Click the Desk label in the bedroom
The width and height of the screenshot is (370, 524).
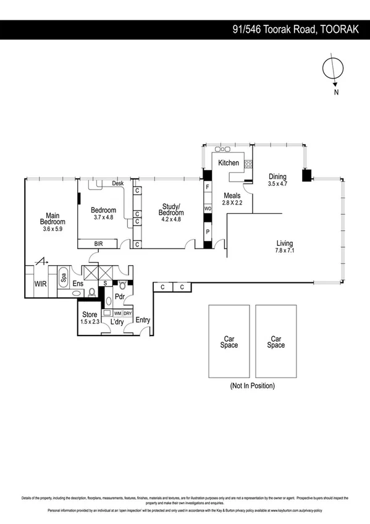(118, 183)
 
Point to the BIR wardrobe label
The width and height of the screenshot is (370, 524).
(99, 244)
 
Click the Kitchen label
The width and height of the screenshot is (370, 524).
(228, 163)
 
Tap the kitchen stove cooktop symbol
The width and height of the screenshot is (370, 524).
(249, 164)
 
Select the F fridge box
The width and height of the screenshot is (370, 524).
(208, 186)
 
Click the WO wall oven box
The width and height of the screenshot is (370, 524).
(208, 209)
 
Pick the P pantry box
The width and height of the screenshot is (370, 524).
(208, 232)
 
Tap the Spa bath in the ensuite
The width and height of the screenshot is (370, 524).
(64, 277)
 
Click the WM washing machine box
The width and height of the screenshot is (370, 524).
(117, 313)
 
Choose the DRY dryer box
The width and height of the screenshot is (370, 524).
(127, 313)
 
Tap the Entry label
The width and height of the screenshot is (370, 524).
(143, 320)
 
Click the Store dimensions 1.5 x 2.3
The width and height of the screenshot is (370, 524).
(90, 322)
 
